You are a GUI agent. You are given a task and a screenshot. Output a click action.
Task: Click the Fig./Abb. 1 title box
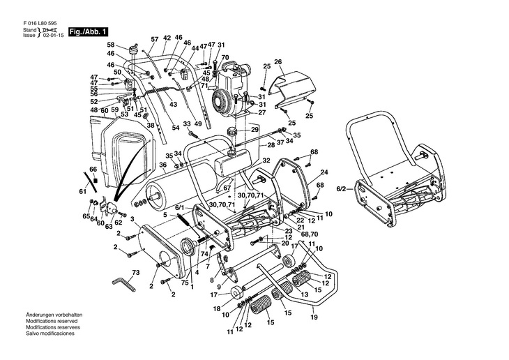(88, 32)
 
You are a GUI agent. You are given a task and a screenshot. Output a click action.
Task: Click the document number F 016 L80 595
(40, 24)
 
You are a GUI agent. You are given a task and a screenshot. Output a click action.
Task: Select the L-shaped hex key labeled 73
(123, 285)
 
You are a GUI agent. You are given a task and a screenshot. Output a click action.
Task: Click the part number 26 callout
(278, 61)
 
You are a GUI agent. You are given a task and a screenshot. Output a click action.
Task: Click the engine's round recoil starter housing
(222, 101)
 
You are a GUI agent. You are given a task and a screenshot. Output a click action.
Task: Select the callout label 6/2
(342, 189)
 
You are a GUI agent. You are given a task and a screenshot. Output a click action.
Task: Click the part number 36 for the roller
(163, 165)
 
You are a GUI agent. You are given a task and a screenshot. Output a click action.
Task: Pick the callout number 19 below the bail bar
(314, 317)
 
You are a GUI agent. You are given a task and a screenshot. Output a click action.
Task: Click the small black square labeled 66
(96, 180)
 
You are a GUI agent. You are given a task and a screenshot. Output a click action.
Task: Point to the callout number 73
(136, 273)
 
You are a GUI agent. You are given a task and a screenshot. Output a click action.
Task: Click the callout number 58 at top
(111, 45)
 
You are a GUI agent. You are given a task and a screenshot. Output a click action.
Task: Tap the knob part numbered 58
(133, 51)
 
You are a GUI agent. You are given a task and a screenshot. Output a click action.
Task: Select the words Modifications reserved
(52, 321)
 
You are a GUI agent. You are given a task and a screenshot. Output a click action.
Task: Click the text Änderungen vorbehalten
(54, 315)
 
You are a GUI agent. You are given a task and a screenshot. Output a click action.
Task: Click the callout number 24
(324, 172)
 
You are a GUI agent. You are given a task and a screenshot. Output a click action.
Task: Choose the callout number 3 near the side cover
(132, 219)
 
